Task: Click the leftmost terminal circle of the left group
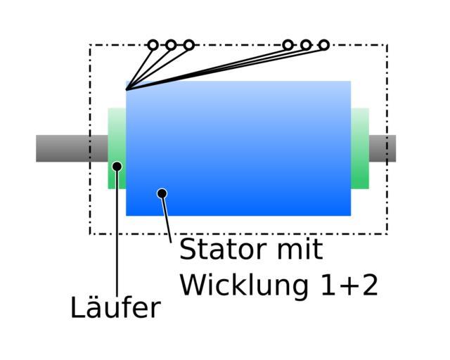click(153, 45)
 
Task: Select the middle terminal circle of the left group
click(171, 45)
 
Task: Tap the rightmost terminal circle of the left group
click(188, 45)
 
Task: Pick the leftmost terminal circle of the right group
click(288, 45)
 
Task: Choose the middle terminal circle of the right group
click(306, 45)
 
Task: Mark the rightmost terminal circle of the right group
click(323, 45)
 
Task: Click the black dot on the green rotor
click(117, 167)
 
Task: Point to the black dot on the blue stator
click(162, 193)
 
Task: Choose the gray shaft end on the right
click(383, 148)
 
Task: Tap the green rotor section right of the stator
click(360, 148)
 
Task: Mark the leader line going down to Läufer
click(117, 239)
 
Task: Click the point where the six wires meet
click(127, 89)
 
